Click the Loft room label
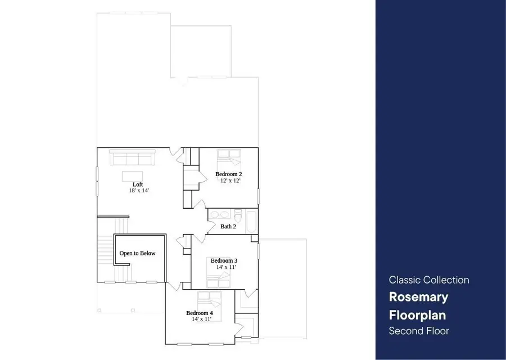pyautogui.click(x=138, y=184)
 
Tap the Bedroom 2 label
pyautogui.click(x=229, y=174)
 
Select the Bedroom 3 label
pyautogui.click(x=224, y=261)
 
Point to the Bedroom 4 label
pyautogui.click(x=200, y=313)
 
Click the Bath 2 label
pyautogui.click(x=228, y=227)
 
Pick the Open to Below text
pyautogui.click(x=137, y=254)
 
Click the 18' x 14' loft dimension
pyautogui.click(x=138, y=191)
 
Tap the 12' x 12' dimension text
pyautogui.click(x=231, y=181)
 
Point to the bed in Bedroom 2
pyautogui.click(x=228, y=157)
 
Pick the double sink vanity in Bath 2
pyautogui.click(x=220, y=214)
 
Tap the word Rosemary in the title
pyautogui.click(x=418, y=296)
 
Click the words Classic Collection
pyautogui.click(x=429, y=280)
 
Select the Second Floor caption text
pyautogui.click(x=419, y=331)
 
